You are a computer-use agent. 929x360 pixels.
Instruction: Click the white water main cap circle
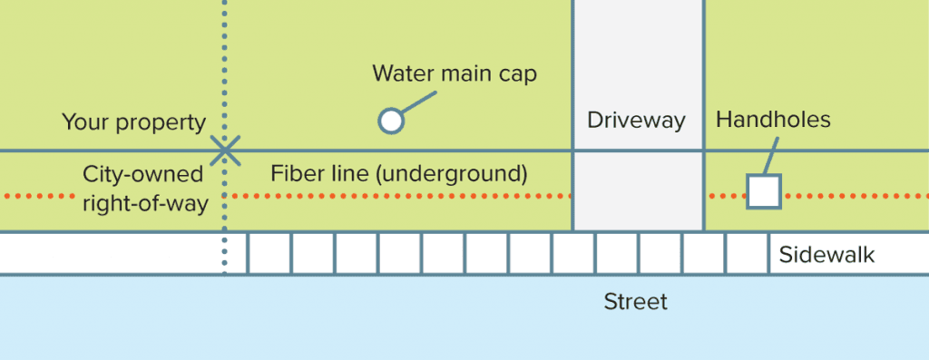click(390, 121)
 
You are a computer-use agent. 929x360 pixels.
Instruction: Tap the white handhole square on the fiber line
click(763, 191)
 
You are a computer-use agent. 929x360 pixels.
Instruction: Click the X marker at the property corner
click(225, 151)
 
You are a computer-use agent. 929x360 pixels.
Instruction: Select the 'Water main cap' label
click(455, 73)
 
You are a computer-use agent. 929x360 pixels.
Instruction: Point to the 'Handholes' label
click(773, 120)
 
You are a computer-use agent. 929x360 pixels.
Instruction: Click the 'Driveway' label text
click(636, 121)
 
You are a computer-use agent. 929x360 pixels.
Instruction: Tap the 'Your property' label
click(133, 122)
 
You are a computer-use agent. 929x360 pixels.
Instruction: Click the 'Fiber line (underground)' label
click(399, 172)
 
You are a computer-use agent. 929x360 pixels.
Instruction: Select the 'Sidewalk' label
click(826, 255)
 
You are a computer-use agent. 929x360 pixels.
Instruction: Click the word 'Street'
click(636, 301)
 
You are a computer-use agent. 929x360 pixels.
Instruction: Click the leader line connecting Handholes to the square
click(770, 156)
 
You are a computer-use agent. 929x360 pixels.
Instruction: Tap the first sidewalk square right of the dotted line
click(269, 253)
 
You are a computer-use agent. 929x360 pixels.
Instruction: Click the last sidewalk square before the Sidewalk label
click(748, 253)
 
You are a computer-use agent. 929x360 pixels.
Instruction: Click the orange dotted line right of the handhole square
click(853, 196)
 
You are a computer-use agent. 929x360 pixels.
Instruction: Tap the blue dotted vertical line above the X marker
click(225, 63)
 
